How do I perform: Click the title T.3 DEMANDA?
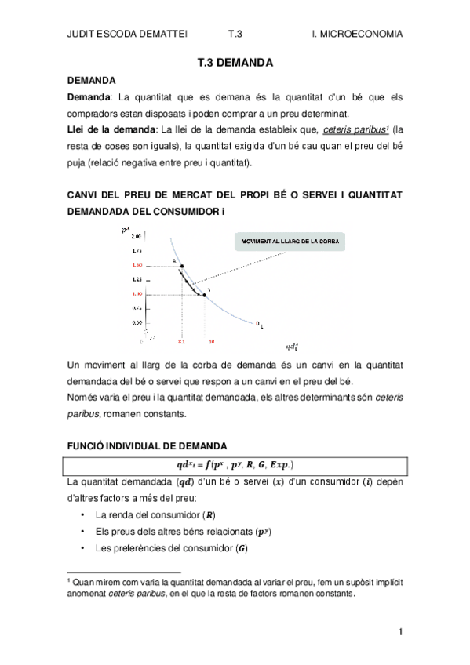tap(235, 62)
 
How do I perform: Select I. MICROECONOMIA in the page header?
tap(357, 34)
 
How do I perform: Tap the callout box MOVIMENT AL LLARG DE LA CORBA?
tap(290, 242)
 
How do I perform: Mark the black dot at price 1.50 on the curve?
tap(182, 266)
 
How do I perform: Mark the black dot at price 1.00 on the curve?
tap(205, 295)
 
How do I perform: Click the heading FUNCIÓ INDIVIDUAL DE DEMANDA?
tap(148, 445)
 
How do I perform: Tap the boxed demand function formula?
tap(235, 463)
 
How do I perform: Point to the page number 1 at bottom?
tap(400, 632)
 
